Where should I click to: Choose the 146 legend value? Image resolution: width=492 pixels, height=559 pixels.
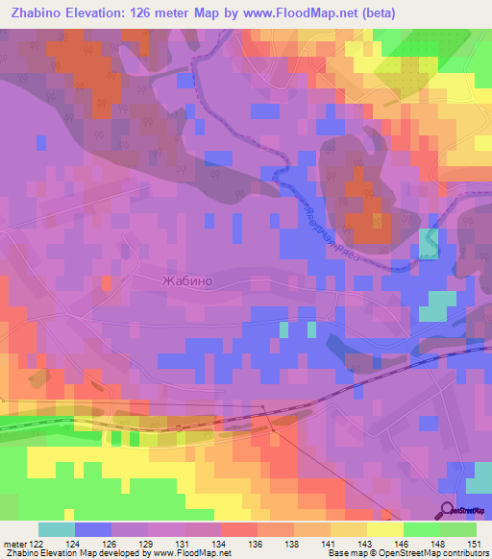coord(405,543)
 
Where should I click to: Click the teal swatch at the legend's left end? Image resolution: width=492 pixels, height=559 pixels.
coord(57,529)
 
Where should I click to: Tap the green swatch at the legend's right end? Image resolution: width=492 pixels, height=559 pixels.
coord(458,529)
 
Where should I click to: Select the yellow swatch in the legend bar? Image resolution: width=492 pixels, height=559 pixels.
coord(385,529)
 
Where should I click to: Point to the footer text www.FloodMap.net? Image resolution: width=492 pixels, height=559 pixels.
coord(197,553)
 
